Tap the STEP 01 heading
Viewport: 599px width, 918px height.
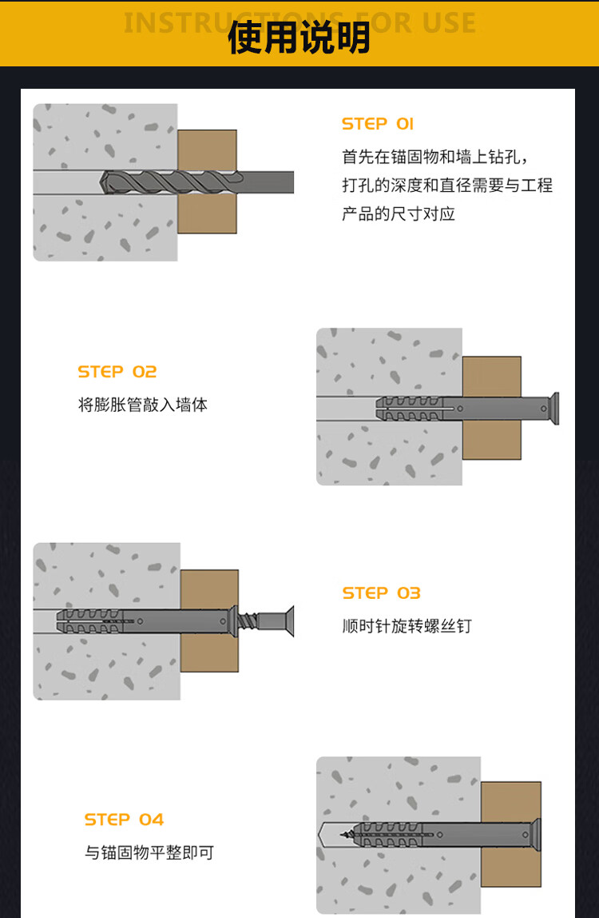[x=377, y=124]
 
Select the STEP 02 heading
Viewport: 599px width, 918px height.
[x=117, y=372]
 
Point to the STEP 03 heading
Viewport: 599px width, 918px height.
[x=382, y=593]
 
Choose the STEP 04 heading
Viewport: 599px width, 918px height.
[x=124, y=820]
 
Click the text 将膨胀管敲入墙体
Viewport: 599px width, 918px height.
[x=143, y=405]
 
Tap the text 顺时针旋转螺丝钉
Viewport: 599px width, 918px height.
[x=407, y=626]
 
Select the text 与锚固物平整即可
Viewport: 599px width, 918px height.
[x=149, y=852]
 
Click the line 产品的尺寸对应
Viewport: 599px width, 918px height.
[x=399, y=214]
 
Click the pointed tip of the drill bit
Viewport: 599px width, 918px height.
[x=101, y=182]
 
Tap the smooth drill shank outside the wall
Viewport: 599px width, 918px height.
[x=266, y=182]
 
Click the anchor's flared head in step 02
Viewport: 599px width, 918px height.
[x=553, y=408]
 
